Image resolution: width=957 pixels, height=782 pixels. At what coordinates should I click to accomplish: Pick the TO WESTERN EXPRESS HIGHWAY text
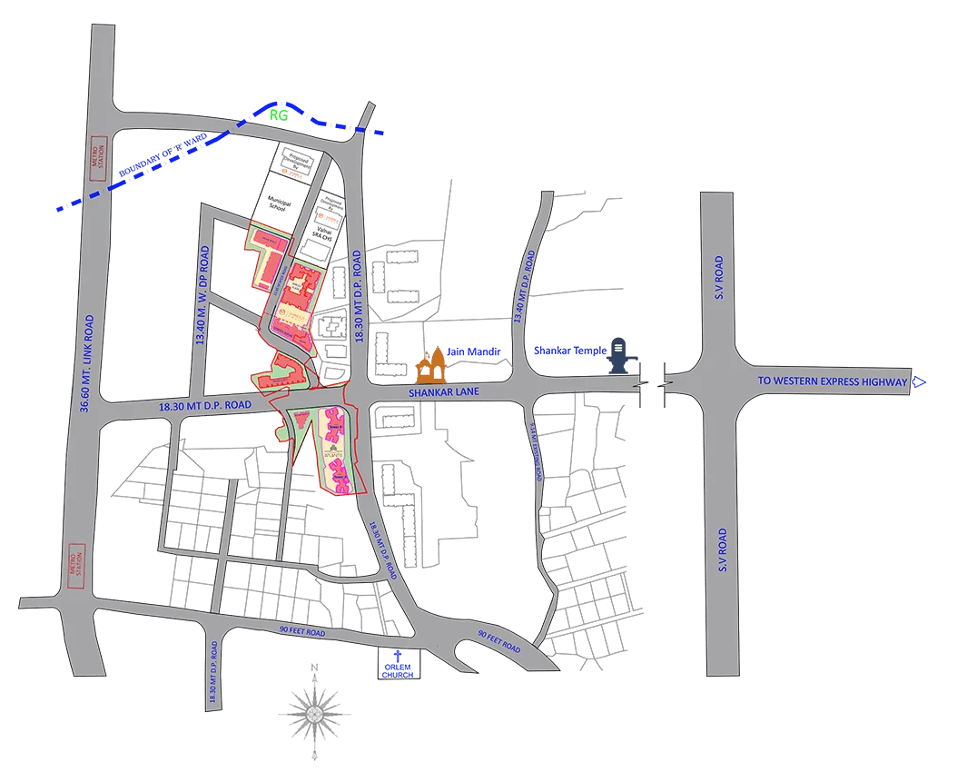[833, 382]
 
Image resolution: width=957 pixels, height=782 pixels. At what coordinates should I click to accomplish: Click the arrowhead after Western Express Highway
[919, 382]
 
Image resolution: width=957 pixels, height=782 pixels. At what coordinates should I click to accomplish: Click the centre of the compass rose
[313, 713]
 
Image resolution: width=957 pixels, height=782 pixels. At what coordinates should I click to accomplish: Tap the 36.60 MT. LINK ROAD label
[87, 363]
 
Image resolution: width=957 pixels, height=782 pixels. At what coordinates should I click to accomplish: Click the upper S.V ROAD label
[718, 278]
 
